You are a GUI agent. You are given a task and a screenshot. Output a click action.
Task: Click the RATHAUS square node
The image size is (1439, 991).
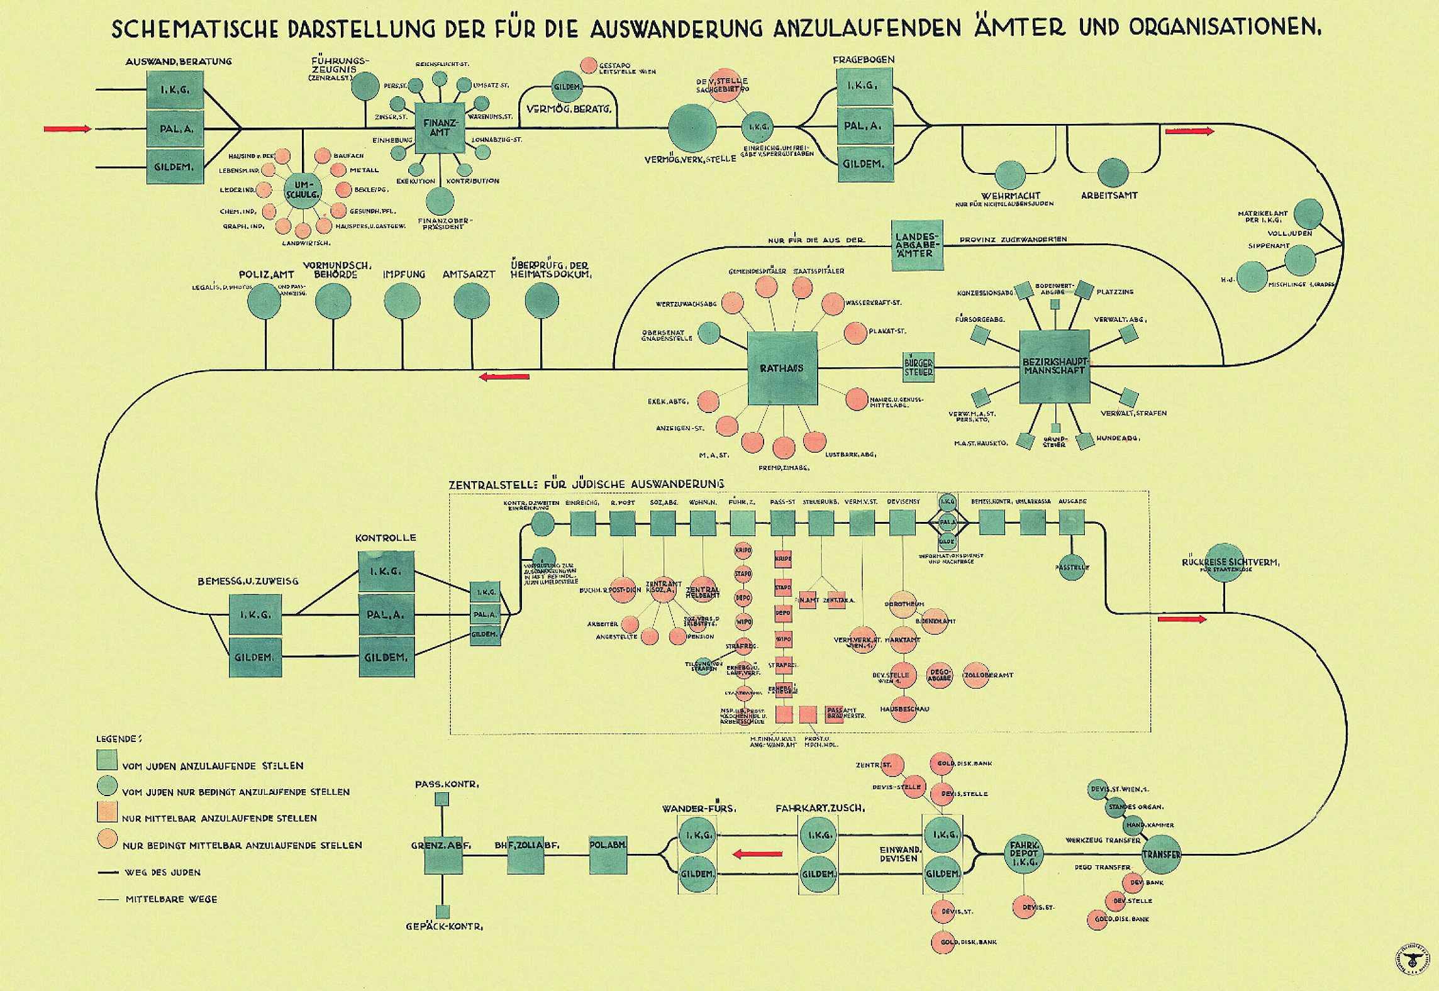pos(782,368)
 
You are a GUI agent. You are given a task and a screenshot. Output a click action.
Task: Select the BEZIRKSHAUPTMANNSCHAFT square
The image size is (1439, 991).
pos(1054,367)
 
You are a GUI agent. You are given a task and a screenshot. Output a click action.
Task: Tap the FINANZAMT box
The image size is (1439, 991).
pos(440,128)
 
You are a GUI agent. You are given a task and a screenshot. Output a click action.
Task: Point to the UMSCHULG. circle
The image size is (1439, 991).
pos(303,190)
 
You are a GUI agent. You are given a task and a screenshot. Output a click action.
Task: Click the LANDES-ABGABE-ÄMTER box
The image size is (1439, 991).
pos(917,245)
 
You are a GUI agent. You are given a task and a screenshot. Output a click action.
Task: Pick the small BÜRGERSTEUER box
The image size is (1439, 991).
pos(918,367)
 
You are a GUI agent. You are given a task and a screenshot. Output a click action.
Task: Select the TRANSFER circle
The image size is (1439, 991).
pos(1160,854)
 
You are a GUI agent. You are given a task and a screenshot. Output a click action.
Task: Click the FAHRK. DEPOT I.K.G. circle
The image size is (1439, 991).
pos(1023,853)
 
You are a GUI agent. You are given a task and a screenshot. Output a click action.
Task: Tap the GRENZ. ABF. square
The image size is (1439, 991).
pos(443,854)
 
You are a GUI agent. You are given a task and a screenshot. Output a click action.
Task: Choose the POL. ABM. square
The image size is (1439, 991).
pos(608,854)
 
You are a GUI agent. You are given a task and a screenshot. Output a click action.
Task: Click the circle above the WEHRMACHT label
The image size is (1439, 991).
pos(1010,175)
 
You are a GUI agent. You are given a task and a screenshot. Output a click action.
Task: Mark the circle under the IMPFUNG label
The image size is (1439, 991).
pos(402,300)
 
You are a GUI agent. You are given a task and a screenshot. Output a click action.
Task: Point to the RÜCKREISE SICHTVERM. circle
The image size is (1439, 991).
pos(1223,562)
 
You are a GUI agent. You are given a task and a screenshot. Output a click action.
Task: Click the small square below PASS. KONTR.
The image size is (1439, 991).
pos(442,799)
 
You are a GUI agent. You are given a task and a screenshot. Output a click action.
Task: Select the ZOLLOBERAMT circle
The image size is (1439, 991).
pos(975,675)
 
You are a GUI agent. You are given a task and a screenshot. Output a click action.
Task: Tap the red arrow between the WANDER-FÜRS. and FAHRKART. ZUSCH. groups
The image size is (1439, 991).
pos(757,854)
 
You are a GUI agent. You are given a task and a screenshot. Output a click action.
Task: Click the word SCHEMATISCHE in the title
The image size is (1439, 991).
pos(201,28)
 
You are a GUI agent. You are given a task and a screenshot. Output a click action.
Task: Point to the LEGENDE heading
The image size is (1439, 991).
pos(119,739)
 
